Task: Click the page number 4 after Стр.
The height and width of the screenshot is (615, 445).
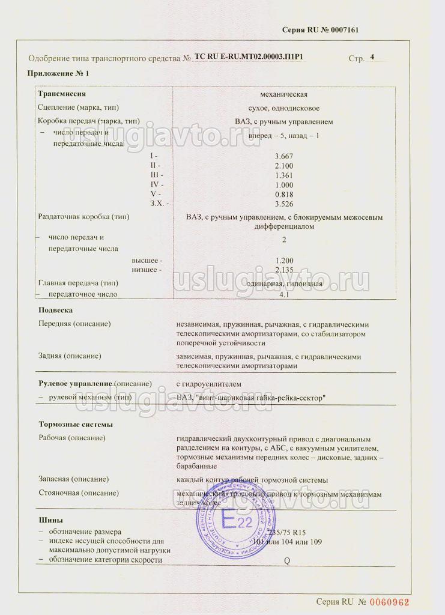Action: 372,57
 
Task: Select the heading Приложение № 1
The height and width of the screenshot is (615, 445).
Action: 58,73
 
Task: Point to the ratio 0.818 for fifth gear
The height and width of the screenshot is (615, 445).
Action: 284,195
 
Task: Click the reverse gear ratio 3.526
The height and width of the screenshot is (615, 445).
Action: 284,204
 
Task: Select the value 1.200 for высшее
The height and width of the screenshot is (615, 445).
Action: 284,260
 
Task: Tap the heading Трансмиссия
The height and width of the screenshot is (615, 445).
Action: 62,94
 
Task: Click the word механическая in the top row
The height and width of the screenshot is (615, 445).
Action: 284,94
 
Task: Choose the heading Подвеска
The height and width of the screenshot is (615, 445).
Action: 55,311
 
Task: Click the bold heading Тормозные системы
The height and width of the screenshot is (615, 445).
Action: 75,424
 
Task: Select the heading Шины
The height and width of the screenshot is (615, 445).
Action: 50,520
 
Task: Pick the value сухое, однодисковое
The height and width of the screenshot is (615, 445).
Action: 284,108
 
